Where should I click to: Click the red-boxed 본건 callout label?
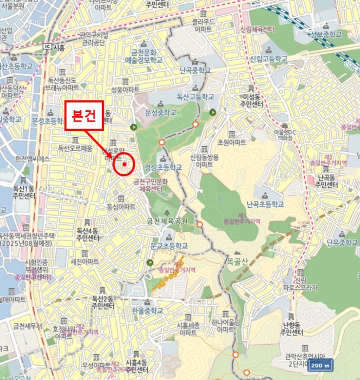coord(84,115)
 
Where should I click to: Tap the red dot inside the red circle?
coord(124,163)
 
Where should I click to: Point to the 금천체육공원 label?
coord(167,221)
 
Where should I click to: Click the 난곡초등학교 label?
coord(265,205)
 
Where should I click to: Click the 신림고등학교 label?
coord(268,58)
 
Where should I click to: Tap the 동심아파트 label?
coord(121,207)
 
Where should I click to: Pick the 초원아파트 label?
coord(231,142)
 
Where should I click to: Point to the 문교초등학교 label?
coord(169,245)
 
